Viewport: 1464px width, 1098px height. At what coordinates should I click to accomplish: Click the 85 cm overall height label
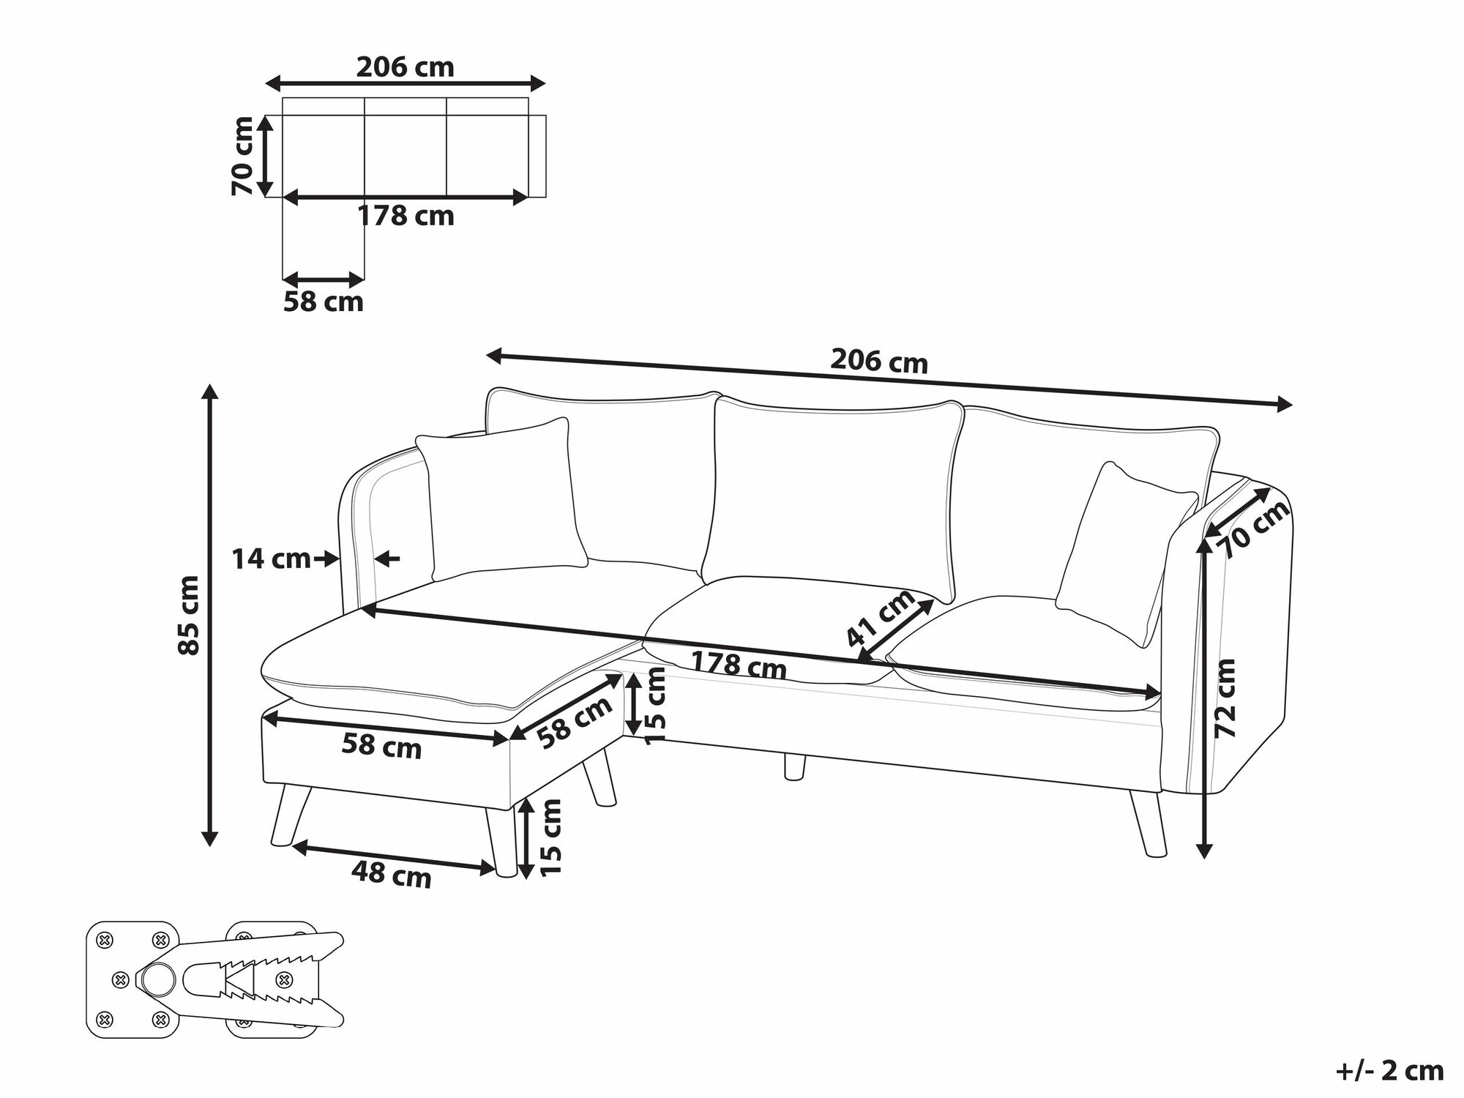tap(189, 615)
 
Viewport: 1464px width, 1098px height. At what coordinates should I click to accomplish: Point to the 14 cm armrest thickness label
tap(271, 559)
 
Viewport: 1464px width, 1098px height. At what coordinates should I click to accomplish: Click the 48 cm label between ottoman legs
tap(392, 874)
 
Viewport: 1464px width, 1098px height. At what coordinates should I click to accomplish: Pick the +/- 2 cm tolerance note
tap(1389, 1071)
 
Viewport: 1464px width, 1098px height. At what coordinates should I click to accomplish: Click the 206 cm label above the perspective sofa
tap(879, 361)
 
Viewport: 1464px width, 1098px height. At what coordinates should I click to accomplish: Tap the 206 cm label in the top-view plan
tap(406, 67)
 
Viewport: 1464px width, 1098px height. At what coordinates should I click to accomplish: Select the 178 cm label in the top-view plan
tap(406, 216)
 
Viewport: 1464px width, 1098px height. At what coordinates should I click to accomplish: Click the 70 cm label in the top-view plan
tap(242, 156)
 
